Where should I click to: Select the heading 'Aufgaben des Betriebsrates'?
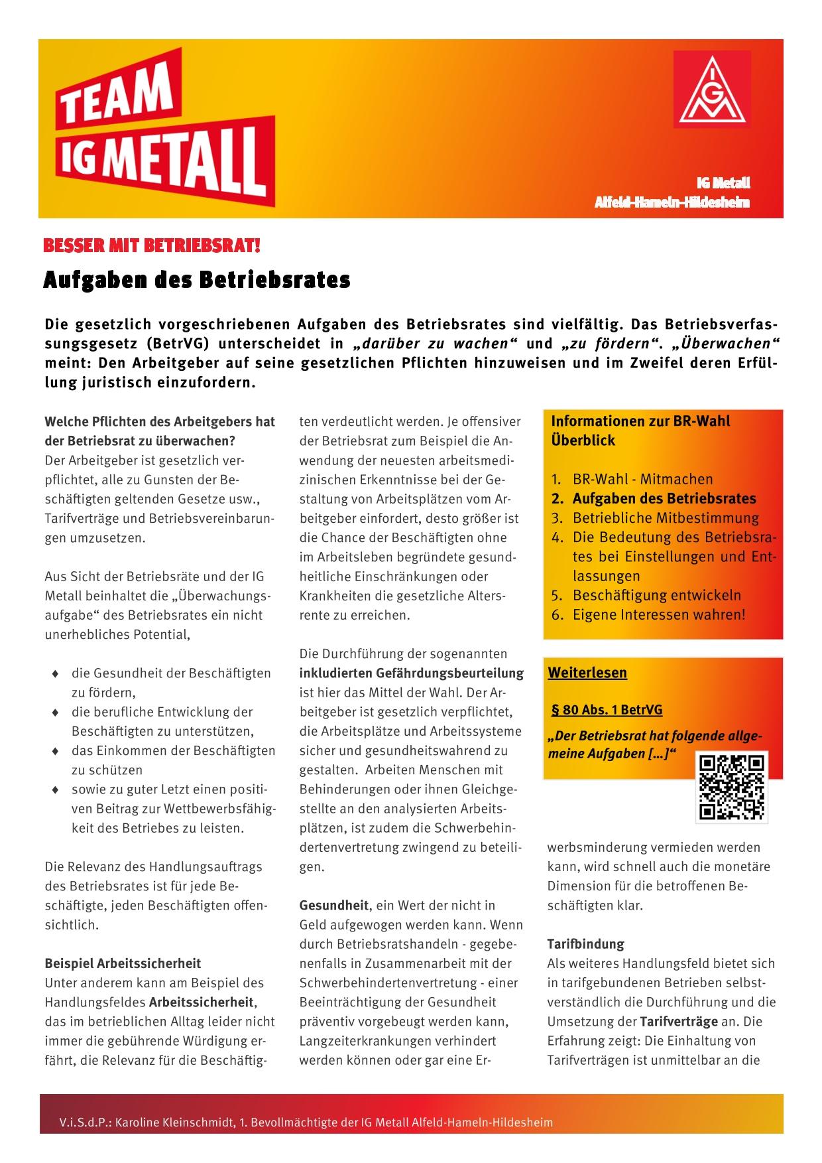(x=196, y=280)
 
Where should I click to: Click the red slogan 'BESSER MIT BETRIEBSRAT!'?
(x=152, y=247)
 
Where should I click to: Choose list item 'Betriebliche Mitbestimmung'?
(x=666, y=518)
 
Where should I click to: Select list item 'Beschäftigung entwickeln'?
(x=656, y=595)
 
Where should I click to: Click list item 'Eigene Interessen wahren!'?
(x=659, y=614)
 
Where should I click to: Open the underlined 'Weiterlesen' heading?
(x=587, y=673)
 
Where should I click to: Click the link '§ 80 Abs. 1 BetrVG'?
(x=607, y=710)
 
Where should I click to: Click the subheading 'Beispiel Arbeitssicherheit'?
(x=123, y=963)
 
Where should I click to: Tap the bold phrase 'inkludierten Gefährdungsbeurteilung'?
(x=411, y=673)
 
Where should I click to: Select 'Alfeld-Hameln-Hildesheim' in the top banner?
(x=672, y=202)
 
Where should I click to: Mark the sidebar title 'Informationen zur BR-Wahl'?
(x=640, y=421)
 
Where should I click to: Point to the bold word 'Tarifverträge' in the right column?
(x=679, y=1021)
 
